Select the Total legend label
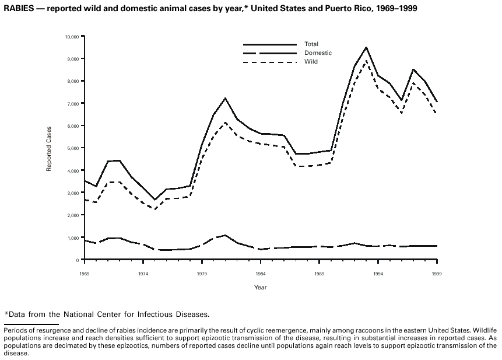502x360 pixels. point(311,44)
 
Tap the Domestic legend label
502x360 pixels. point(318,53)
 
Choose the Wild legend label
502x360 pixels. point(311,61)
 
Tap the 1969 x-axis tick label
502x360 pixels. point(85,273)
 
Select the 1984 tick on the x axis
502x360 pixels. point(260,273)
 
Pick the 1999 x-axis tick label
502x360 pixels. point(436,273)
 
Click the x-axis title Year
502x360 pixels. point(260,287)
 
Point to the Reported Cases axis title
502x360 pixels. point(50,148)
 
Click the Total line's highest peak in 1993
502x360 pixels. point(366,47)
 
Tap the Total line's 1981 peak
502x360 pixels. point(225,98)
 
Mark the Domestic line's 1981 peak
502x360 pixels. point(225,235)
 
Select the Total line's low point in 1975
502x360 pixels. point(155,200)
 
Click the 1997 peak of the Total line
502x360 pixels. point(413,69)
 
